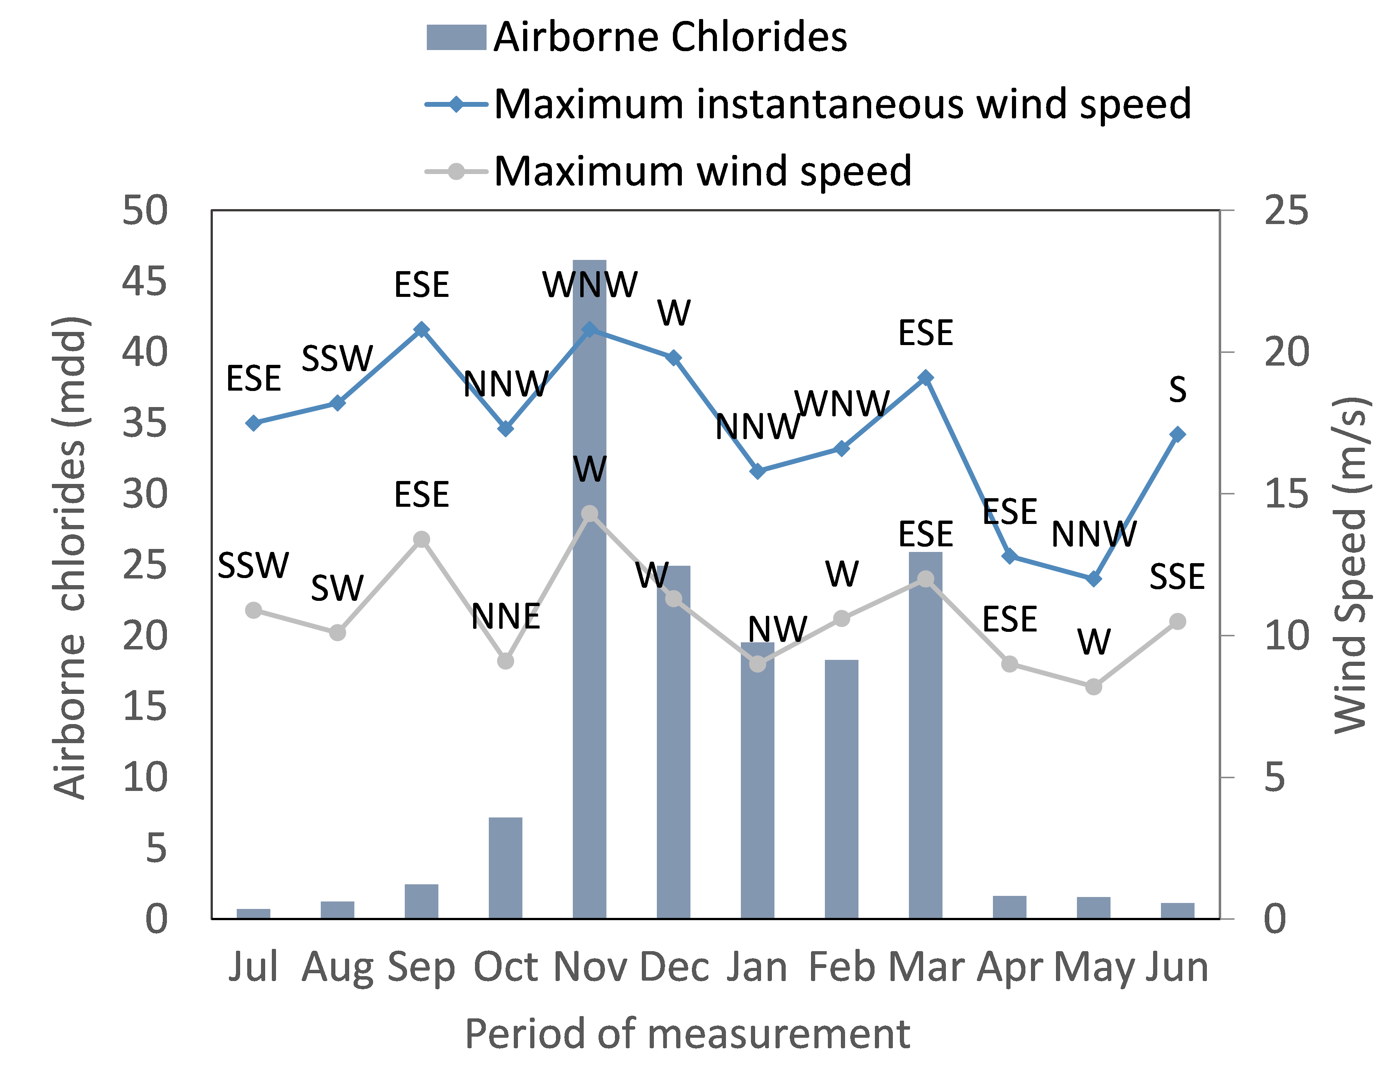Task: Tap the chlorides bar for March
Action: click(925, 735)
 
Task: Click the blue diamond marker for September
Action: click(422, 330)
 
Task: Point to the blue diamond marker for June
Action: click(1177, 434)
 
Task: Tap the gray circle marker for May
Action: click(1093, 687)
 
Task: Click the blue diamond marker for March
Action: click(925, 378)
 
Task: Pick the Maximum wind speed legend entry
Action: click(668, 171)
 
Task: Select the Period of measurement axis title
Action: click(687, 1034)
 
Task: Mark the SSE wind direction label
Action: click(1177, 577)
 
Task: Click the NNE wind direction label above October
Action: click(506, 617)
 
